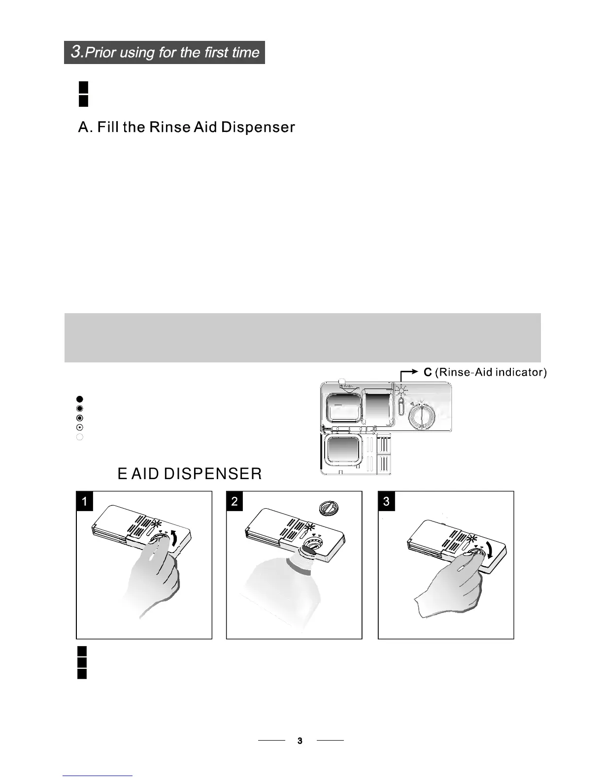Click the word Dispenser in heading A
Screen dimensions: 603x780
point(258,128)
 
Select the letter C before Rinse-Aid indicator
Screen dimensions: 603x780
point(428,372)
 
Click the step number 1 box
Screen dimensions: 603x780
point(85,501)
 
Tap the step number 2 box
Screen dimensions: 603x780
point(234,501)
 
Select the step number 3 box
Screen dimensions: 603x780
point(386,501)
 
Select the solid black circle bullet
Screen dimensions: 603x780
point(80,398)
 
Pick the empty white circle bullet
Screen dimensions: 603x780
point(80,437)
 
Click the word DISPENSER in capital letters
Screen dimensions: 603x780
point(212,474)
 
